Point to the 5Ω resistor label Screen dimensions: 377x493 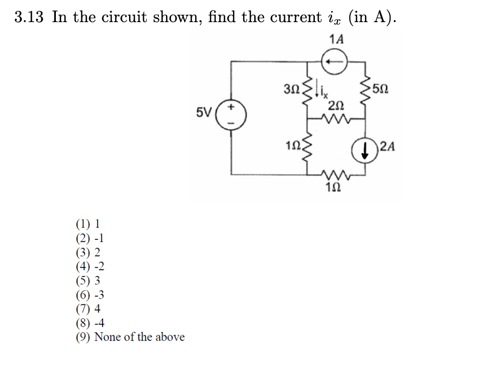383,90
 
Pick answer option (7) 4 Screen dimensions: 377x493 88,309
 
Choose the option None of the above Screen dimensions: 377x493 130,337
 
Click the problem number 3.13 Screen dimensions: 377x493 29,17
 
